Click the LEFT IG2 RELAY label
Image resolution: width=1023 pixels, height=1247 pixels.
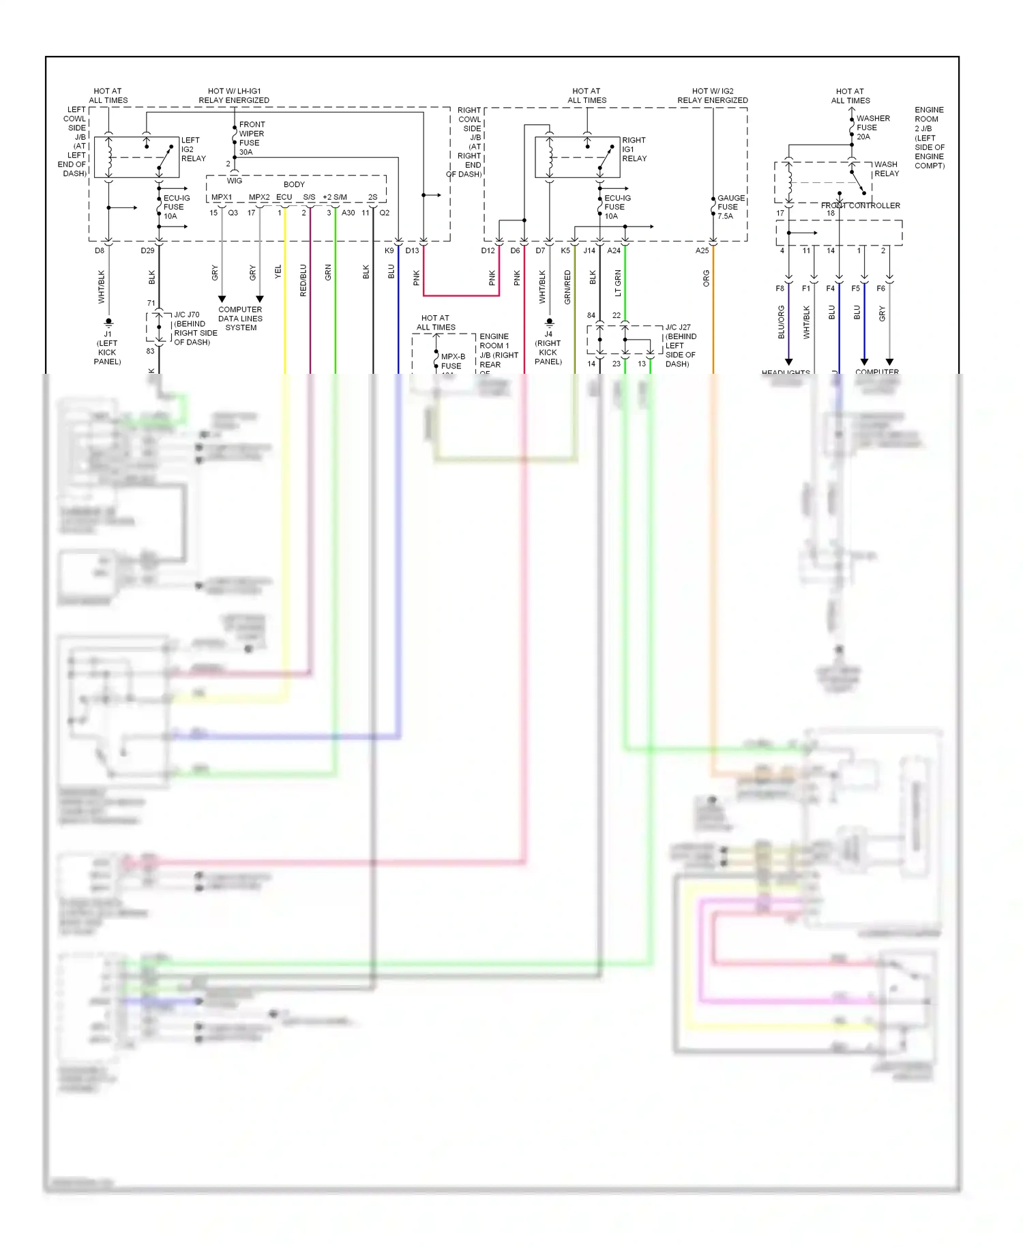193,149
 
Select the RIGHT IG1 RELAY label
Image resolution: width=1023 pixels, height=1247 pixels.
634,149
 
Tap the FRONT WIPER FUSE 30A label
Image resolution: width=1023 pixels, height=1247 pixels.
251,138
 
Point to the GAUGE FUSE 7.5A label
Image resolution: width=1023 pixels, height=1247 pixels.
730,207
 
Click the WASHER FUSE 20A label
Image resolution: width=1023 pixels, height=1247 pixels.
872,128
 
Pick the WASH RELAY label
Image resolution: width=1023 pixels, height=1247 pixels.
886,168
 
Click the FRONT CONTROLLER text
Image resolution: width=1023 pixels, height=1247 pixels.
860,205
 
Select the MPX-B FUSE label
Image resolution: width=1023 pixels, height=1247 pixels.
452,361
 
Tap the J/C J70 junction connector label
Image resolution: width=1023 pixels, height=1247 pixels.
195,328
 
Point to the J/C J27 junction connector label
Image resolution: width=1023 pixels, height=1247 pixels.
680,345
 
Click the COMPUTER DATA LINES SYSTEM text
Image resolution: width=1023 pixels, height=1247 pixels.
240,319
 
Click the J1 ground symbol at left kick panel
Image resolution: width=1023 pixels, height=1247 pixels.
108,322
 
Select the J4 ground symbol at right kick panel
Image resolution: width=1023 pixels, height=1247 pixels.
549,322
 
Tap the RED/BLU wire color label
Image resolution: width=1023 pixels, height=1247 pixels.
303,280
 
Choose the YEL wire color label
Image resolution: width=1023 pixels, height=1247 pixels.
278,272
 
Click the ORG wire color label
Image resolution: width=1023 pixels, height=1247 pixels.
706,278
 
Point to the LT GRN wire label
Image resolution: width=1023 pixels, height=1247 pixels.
618,282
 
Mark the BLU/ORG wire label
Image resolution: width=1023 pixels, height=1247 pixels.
781,322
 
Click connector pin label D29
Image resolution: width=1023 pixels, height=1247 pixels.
147,250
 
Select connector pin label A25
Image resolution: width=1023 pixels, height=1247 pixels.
702,250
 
